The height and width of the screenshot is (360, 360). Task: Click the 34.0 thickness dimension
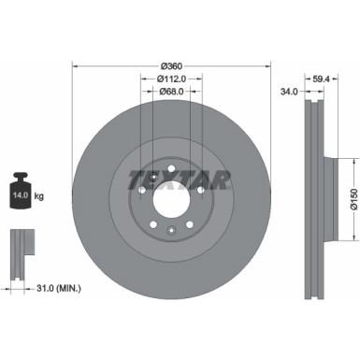289,93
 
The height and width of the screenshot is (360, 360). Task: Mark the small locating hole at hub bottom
170,230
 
